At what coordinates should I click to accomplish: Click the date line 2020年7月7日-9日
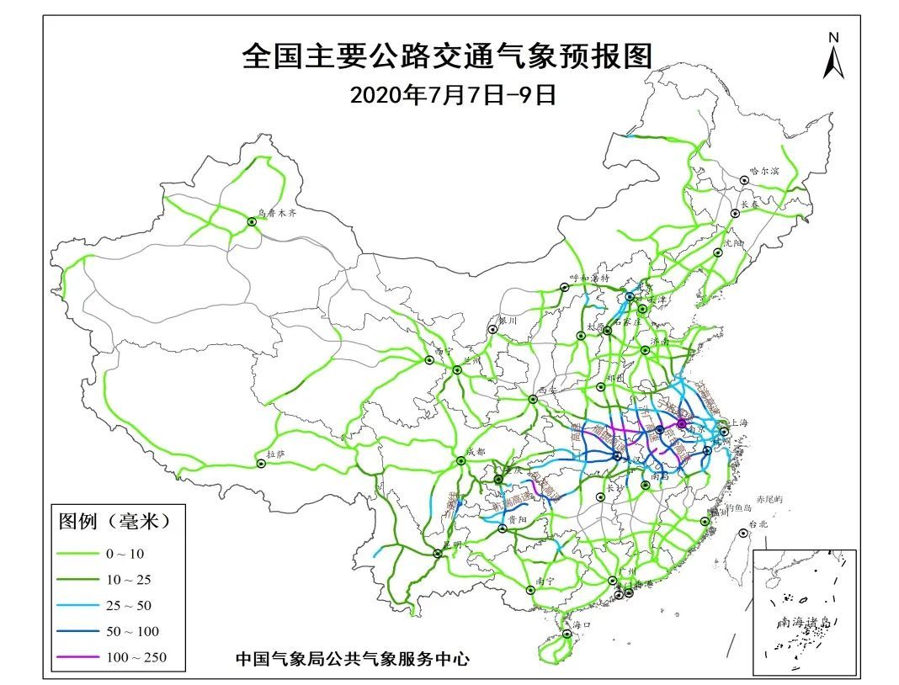[x=453, y=94]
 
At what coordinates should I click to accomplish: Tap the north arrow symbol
[x=833, y=57]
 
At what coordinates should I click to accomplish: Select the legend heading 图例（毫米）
[x=114, y=521]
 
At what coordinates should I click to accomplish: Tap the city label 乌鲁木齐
[x=277, y=215]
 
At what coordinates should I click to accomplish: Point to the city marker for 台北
[x=742, y=533]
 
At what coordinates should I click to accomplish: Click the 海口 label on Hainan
[x=582, y=624]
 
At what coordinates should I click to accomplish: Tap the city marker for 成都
[x=460, y=460]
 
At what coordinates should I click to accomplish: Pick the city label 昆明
[x=451, y=544]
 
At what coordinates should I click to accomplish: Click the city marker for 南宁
[x=530, y=591]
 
